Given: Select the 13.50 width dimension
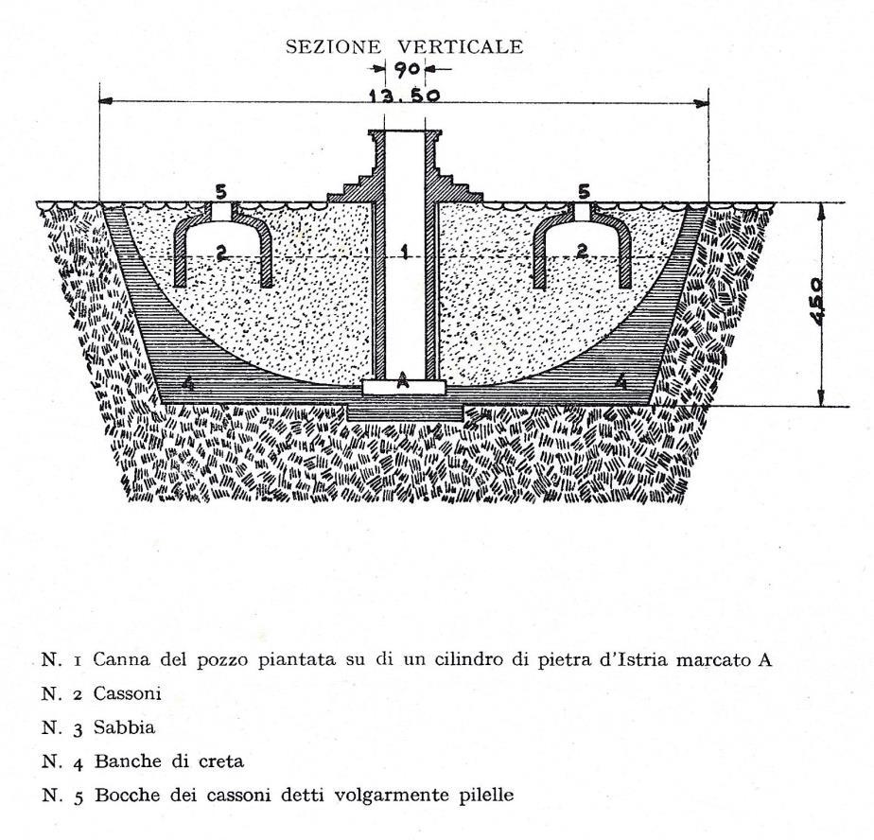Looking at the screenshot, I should point(405,95).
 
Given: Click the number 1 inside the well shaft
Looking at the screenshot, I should point(403,252).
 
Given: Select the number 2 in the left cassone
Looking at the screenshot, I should point(220,251).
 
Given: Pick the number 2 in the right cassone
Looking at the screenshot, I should point(583,251).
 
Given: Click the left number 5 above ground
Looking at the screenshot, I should point(220,193).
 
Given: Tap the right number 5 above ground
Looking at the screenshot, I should point(584,193).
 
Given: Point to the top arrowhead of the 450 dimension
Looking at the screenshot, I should point(820,208).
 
